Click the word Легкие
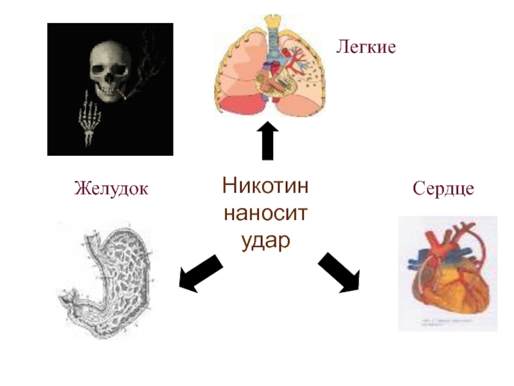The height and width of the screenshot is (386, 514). pyautogui.click(x=365, y=47)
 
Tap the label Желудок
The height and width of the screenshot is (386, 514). pyautogui.click(x=111, y=189)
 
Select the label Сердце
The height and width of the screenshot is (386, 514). pyautogui.click(x=443, y=189)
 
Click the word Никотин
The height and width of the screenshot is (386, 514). pyautogui.click(x=266, y=187)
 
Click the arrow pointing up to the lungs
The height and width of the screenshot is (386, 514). pyautogui.click(x=267, y=142)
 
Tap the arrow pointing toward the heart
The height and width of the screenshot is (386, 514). pyautogui.click(x=339, y=273)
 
